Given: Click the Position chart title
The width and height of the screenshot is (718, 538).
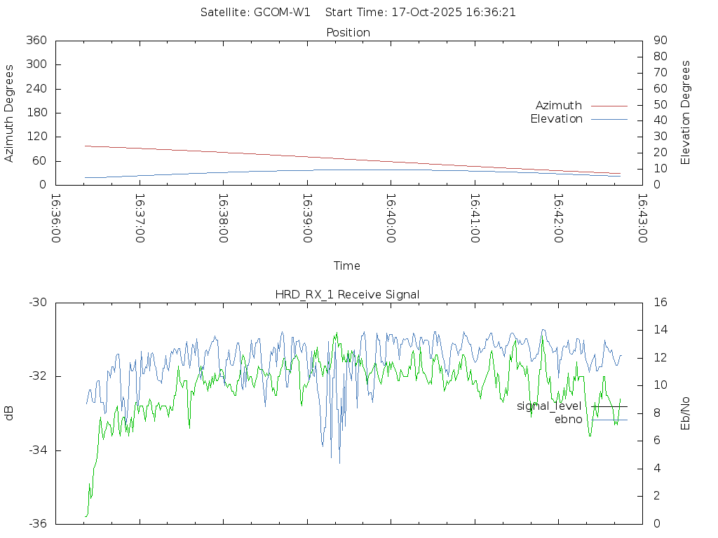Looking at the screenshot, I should (x=348, y=33).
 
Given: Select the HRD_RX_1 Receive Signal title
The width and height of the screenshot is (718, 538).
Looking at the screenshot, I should (x=347, y=295).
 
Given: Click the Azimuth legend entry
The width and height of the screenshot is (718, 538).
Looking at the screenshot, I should (x=559, y=106).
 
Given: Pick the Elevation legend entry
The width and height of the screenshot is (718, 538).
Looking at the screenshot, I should (x=556, y=119).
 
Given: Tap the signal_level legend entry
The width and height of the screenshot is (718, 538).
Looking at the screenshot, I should (x=549, y=406).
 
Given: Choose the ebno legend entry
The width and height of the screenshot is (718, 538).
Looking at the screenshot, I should (x=568, y=420).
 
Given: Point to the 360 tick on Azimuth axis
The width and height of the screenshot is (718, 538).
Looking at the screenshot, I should (x=36, y=41).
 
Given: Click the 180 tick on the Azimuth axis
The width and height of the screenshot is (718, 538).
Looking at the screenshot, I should (x=36, y=113).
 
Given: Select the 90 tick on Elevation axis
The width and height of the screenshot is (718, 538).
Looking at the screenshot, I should (x=659, y=41).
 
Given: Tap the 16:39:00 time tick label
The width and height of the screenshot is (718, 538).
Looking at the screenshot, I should (x=307, y=219).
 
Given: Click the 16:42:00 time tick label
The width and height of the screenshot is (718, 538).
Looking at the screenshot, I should (x=558, y=219).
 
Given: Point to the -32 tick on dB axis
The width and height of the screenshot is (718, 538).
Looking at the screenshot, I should (x=37, y=377).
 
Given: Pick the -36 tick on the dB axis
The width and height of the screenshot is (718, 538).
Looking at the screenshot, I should (x=37, y=524).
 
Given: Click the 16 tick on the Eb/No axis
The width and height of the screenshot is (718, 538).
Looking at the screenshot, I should (x=660, y=303).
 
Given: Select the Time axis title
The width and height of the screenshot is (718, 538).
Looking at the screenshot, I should (x=347, y=266).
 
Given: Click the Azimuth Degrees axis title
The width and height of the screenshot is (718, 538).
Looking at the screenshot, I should (x=10, y=113).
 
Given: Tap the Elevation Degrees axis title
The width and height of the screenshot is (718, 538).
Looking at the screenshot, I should (x=686, y=113).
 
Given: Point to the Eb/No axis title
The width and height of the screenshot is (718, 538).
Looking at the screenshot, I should (x=686, y=413).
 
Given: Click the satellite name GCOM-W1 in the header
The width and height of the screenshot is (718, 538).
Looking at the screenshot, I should (x=283, y=13).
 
